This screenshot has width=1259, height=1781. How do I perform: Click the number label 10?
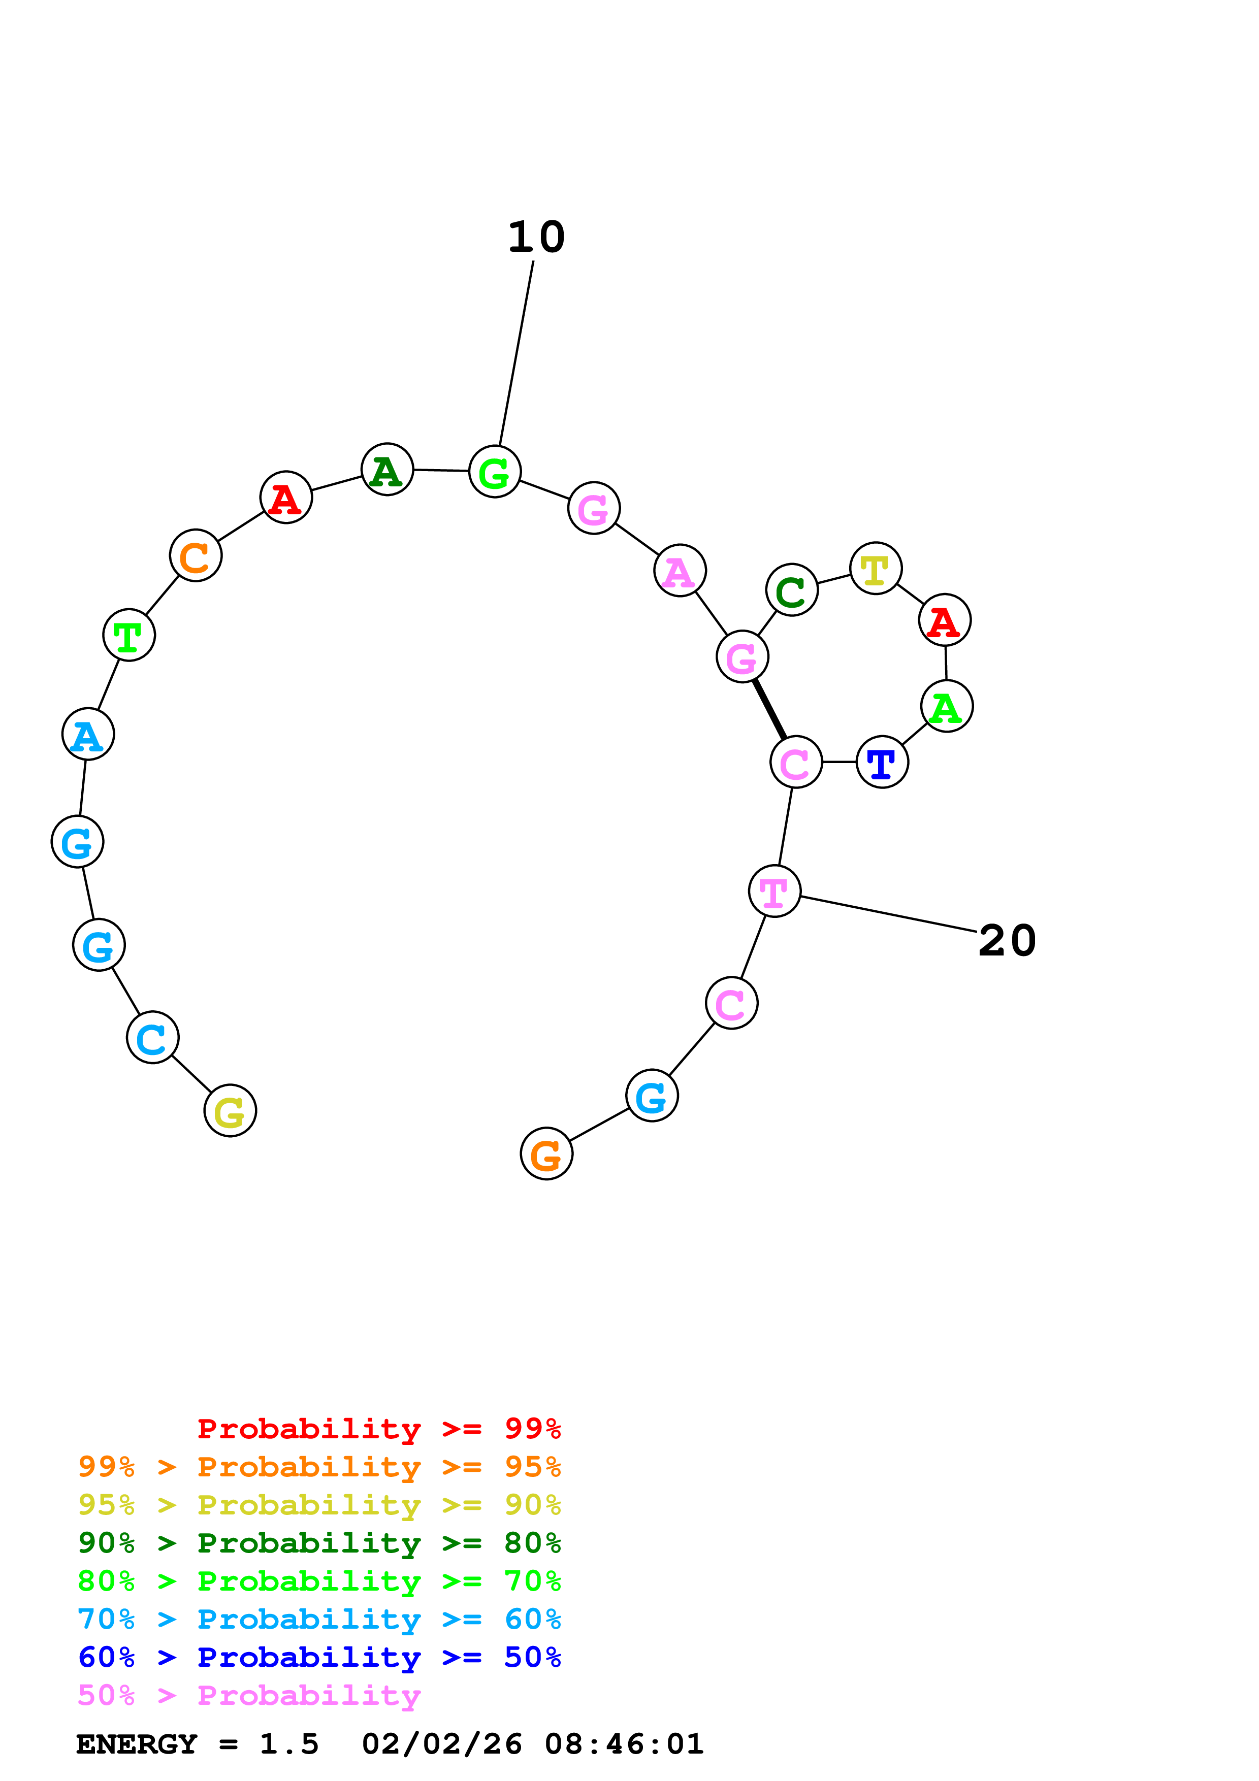[536, 238]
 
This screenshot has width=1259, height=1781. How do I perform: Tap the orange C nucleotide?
[196, 555]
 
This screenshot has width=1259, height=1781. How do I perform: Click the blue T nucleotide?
[882, 763]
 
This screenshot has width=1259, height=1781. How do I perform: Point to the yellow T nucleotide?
[875, 569]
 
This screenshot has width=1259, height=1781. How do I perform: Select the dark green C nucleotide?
[791, 590]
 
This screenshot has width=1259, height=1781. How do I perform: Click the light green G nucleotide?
[494, 472]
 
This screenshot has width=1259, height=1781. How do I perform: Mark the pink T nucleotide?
[774, 892]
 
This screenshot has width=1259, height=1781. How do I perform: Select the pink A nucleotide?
[680, 572]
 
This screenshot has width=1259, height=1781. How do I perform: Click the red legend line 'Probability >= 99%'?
[378, 1429]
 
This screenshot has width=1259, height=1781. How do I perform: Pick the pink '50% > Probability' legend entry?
[249, 1696]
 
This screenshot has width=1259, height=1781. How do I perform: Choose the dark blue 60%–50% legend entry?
[319, 1658]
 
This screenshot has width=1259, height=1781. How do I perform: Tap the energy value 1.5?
[288, 1744]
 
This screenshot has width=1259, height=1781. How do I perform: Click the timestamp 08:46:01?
[624, 1744]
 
